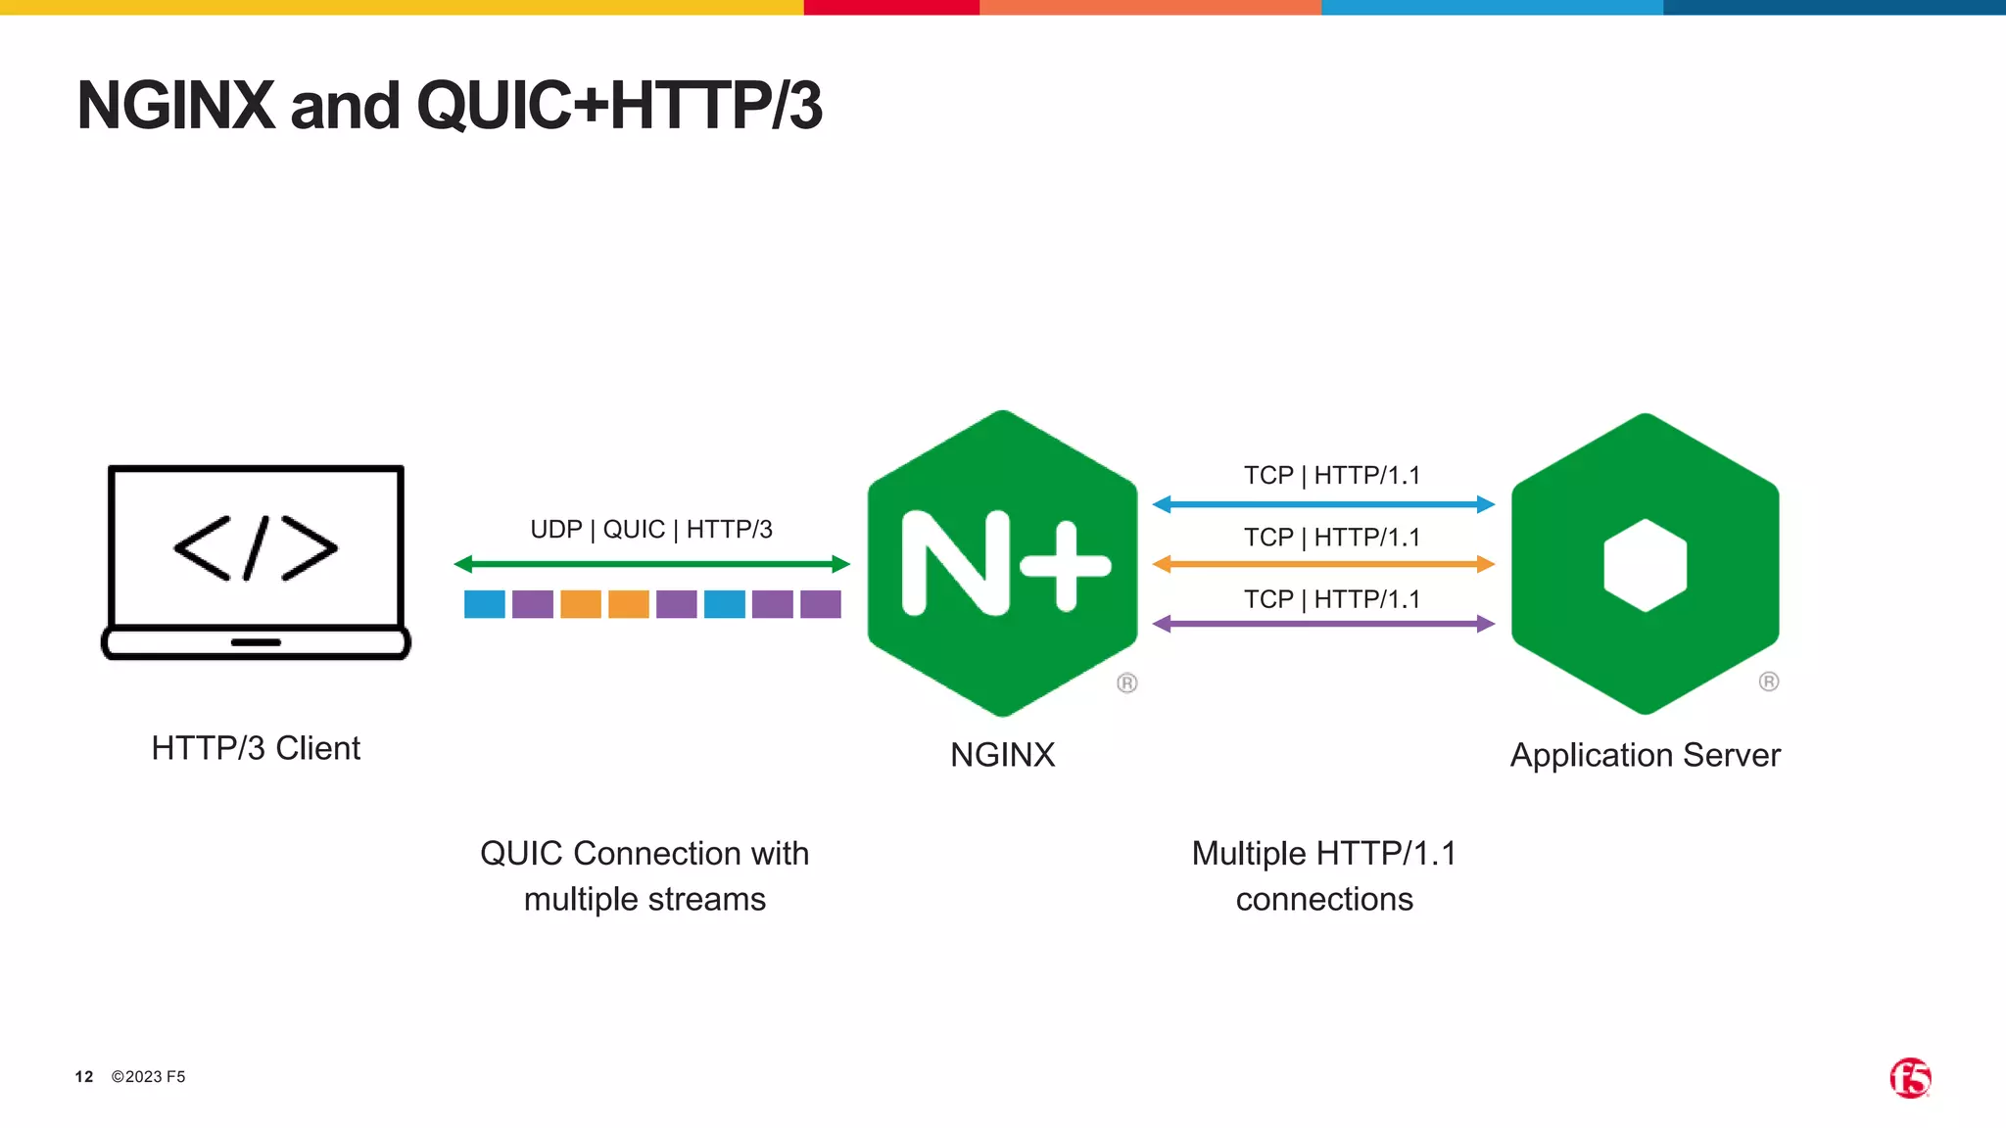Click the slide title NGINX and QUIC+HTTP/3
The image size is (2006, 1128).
pyautogui.click(x=450, y=106)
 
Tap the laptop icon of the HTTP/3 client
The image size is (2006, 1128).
pyautogui.click(x=256, y=562)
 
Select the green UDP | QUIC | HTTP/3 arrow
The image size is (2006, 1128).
pyautogui.click(x=651, y=564)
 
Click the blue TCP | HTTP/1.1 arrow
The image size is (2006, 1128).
pyautogui.click(x=1323, y=504)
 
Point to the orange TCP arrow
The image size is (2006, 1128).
pyautogui.click(x=1323, y=564)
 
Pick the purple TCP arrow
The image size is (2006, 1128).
pyautogui.click(x=1323, y=624)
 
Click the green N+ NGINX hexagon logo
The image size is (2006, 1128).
pyautogui.click(x=1002, y=563)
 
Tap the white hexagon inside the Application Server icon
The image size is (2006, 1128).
pyautogui.click(x=1646, y=565)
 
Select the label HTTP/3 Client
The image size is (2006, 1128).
pyautogui.click(x=256, y=748)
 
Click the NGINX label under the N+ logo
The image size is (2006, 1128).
pyautogui.click(x=1002, y=755)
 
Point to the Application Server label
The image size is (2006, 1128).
pyautogui.click(x=1645, y=755)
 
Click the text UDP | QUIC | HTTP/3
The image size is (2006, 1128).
pyautogui.click(x=651, y=530)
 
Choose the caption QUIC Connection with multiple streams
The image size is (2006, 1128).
pyautogui.click(x=645, y=875)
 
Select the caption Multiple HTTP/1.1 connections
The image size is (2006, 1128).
pyautogui.click(x=1324, y=875)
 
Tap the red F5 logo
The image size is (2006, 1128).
pyautogui.click(x=1910, y=1078)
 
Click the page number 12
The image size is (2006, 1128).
pyautogui.click(x=84, y=1077)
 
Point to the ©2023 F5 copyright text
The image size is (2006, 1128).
pyautogui.click(x=148, y=1077)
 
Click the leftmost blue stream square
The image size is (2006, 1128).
pyautogui.click(x=485, y=604)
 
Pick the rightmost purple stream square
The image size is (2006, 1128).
pyautogui.click(x=821, y=604)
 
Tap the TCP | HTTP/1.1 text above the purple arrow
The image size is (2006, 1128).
pyautogui.click(x=1331, y=599)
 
